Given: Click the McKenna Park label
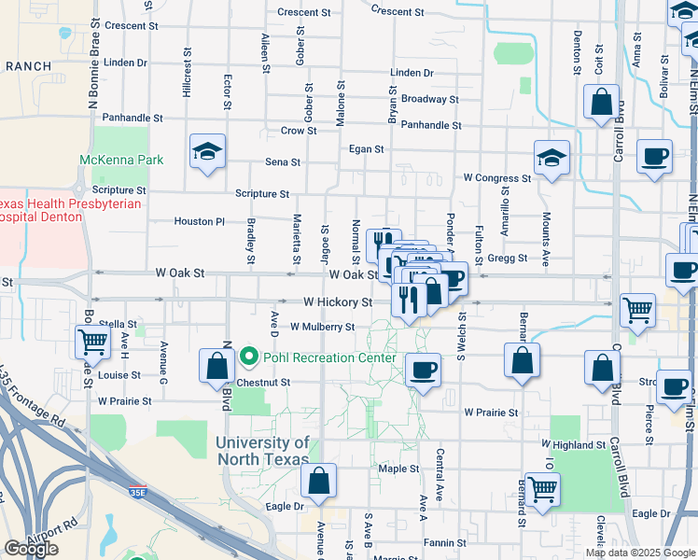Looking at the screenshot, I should point(121,160).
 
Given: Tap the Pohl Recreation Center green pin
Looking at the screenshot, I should point(249,357).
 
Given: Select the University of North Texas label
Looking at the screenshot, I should point(263,451).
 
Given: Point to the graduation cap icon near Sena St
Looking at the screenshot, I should point(207,153).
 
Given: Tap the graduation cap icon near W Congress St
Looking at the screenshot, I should point(551,159).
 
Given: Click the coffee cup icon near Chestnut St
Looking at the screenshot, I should point(423,371).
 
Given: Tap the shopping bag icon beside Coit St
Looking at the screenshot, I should point(602,102).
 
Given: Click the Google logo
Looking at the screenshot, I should point(31,549).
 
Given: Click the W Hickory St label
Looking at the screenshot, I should point(338,302).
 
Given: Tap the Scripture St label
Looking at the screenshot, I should point(262,194).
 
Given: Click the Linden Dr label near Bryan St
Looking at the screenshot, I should point(412,73).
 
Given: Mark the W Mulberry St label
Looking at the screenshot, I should point(322,328).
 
